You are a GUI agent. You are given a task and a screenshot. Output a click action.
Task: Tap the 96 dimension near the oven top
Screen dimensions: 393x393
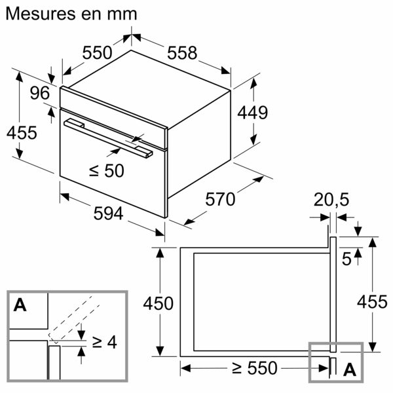click(x=40, y=94)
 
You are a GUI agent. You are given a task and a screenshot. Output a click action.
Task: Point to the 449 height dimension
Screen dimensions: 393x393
click(x=252, y=113)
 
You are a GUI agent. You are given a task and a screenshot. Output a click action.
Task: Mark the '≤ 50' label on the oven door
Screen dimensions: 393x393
click(x=106, y=171)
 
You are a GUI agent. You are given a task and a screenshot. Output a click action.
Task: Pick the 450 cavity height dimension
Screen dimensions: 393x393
click(x=159, y=303)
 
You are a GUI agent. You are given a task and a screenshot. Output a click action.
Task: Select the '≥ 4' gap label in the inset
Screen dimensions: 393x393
click(x=103, y=342)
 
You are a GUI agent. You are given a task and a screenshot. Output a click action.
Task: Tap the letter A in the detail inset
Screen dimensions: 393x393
click(x=20, y=305)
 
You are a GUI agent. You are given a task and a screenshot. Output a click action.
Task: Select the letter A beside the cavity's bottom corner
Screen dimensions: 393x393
click(x=350, y=369)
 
